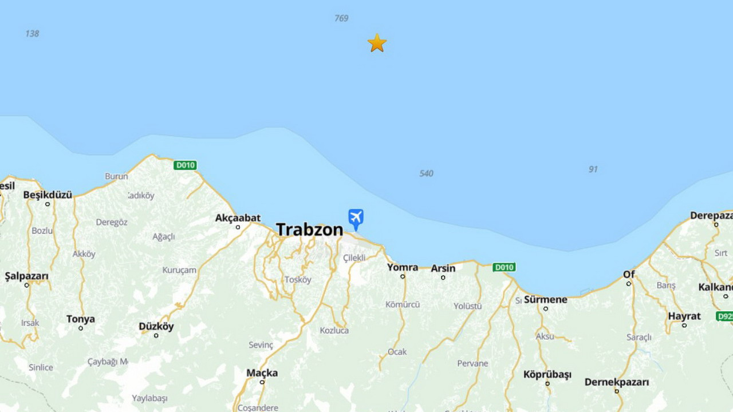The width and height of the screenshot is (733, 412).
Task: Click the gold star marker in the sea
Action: (377, 43)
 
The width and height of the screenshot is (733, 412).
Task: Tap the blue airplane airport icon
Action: (356, 218)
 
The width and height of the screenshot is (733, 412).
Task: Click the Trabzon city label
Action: (309, 229)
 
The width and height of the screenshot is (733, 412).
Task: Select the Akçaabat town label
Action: (238, 218)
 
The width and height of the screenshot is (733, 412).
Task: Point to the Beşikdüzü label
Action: (48, 195)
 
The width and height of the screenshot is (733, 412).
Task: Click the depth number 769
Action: (341, 18)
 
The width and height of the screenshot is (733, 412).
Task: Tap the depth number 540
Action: (426, 173)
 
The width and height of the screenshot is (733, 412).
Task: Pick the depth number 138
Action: (32, 34)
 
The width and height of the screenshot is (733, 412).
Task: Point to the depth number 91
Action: (593, 169)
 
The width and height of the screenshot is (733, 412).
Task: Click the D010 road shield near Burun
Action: (185, 165)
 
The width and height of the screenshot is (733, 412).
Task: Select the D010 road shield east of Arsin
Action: (504, 267)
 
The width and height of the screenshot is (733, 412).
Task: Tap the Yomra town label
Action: (403, 267)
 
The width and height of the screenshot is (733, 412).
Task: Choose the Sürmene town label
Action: (545, 299)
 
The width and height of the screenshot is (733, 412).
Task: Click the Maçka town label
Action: (262, 373)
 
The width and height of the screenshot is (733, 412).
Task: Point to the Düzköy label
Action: (156, 327)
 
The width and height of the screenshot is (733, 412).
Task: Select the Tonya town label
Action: (80, 319)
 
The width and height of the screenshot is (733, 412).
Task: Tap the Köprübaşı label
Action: (547, 375)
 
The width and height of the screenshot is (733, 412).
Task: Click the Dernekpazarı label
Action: (617, 382)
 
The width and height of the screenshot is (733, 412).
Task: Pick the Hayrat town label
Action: (684, 316)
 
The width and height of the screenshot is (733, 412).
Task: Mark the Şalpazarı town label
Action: (26, 276)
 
